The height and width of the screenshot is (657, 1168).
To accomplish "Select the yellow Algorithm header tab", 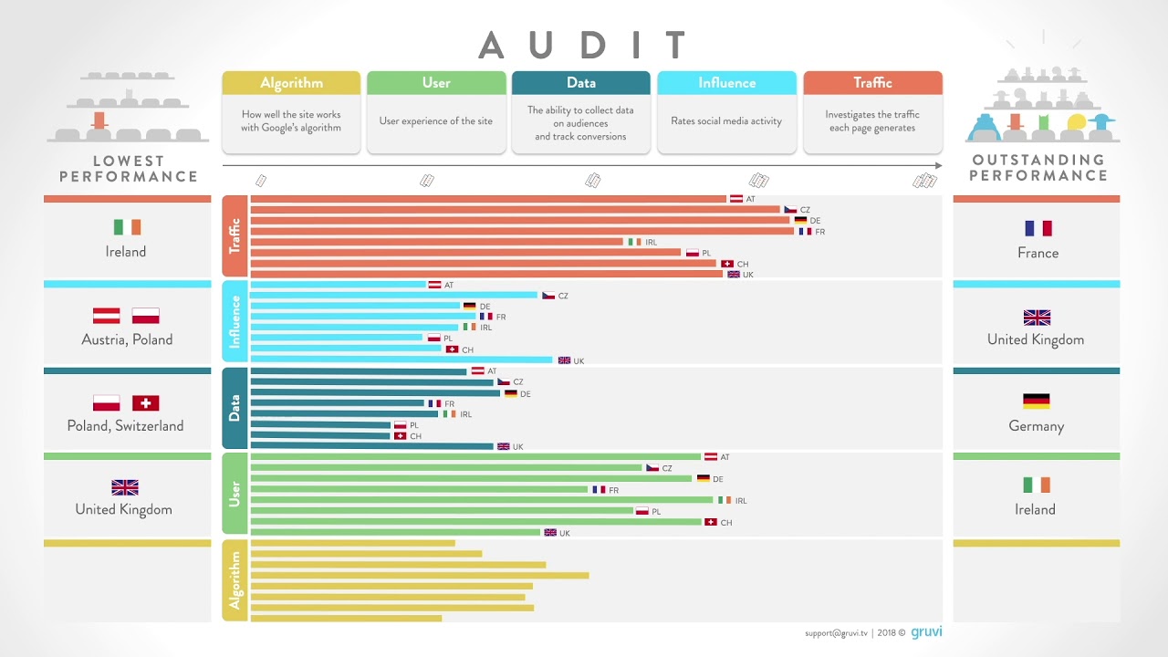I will [291, 83].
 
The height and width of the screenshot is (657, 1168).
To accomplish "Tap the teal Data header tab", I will [581, 83].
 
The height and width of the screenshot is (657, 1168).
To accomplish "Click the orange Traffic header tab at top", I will [872, 83].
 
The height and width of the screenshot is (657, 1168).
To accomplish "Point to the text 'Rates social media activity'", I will [726, 121].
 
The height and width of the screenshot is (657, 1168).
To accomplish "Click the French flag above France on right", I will [1038, 228].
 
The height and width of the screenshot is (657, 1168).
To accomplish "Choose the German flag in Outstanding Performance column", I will [1036, 401].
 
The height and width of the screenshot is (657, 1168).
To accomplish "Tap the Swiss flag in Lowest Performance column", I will [145, 403].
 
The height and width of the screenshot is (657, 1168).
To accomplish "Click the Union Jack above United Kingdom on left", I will [124, 487].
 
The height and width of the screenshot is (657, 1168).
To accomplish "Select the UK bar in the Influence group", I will [401, 360].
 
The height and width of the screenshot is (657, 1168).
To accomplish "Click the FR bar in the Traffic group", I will [522, 231].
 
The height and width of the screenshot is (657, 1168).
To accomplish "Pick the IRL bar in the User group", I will [481, 500].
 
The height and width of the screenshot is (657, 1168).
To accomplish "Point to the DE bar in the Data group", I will [375, 393].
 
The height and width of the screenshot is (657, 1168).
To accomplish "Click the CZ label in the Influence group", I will [563, 297].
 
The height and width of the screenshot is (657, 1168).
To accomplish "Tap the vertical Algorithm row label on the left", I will [235, 580].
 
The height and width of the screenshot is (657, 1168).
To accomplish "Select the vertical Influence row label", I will [235, 321].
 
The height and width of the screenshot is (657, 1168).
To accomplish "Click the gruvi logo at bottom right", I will [926, 631].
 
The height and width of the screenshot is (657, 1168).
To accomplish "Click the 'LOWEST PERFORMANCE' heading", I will [128, 169].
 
